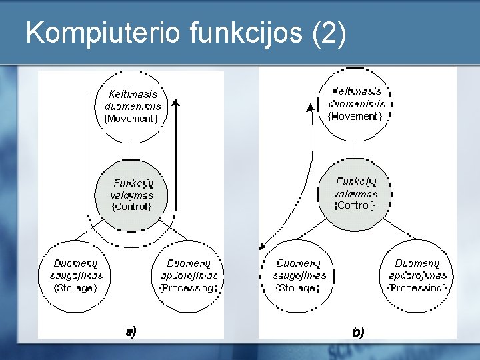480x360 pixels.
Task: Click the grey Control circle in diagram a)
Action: pyautogui.click(x=133, y=195)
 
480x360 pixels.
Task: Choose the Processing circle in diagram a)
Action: pyautogui.click(x=189, y=276)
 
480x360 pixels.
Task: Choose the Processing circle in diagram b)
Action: pyautogui.click(x=416, y=276)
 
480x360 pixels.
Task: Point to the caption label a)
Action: pyautogui.click(x=131, y=331)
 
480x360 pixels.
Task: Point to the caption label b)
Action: pyautogui.click(x=358, y=331)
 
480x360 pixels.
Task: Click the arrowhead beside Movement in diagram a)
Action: pyautogui.click(x=176, y=102)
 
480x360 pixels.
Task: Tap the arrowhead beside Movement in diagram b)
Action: pyautogui.click(x=310, y=106)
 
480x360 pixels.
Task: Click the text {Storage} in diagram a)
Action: pyautogui.click(x=75, y=288)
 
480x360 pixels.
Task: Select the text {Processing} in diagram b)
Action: pyautogui.click(x=416, y=288)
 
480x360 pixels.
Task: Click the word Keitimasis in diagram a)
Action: pyautogui.click(x=133, y=94)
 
